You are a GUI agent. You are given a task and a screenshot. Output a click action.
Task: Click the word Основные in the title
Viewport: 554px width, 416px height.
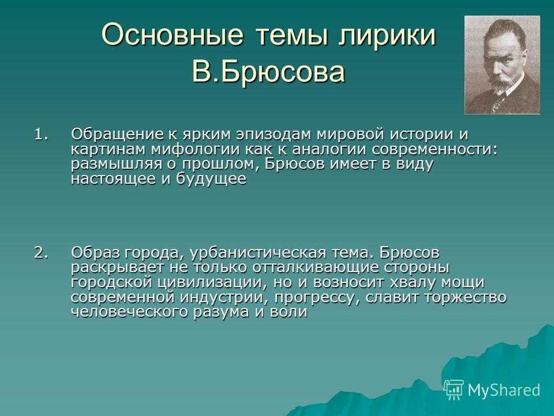coord(173,34)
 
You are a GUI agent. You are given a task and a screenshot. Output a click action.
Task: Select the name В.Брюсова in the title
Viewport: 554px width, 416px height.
coord(268,72)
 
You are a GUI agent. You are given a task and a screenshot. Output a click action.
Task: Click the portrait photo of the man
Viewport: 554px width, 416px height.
coord(502,65)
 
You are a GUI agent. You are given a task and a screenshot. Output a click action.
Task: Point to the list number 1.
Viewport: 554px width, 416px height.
coord(41,135)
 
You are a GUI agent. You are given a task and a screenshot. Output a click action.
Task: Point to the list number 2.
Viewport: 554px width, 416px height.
coord(41,253)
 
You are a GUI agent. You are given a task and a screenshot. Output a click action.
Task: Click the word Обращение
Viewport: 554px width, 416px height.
coord(117,135)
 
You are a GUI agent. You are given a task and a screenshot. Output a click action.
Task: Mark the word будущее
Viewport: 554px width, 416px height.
coord(211,179)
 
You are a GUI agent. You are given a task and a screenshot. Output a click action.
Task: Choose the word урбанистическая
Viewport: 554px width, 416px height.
coord(258,254)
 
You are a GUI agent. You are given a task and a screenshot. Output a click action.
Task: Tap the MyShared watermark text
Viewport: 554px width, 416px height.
coord(504,390)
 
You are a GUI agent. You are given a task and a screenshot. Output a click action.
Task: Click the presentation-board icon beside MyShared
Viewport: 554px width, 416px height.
coord(454,390)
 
